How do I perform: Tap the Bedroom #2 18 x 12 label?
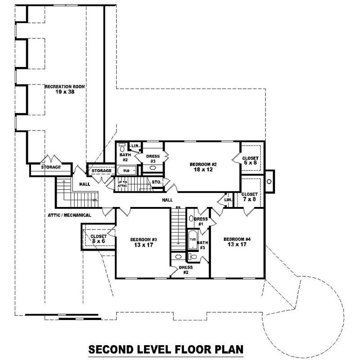(x=204, y=167)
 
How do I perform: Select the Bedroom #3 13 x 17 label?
(x=143, y=242)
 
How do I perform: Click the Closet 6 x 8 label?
(x=250, y=161)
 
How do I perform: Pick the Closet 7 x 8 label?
(x=250, y=197)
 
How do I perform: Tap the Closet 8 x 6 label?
(x=98, y=238)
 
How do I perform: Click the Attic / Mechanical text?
(x=69, y=215)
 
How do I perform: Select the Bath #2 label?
(x=125, y=157)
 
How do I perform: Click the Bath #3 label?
(x=202, y=245)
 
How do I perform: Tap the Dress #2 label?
(x=185, y=270)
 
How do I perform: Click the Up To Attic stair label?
(x=123, y=184)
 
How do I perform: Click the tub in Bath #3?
(x=193, y=239)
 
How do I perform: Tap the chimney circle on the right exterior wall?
(x=269, y=181)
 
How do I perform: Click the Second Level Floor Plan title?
(x=165, y=349)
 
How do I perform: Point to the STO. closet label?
(x=156, y=182)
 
